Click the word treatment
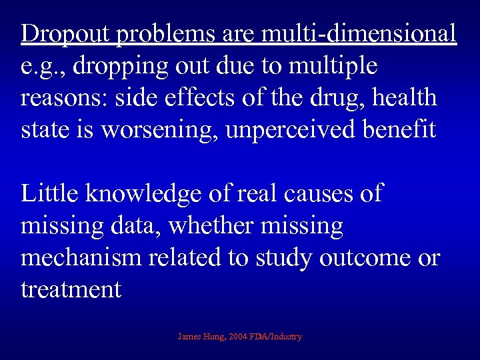click(x=71, y=289)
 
